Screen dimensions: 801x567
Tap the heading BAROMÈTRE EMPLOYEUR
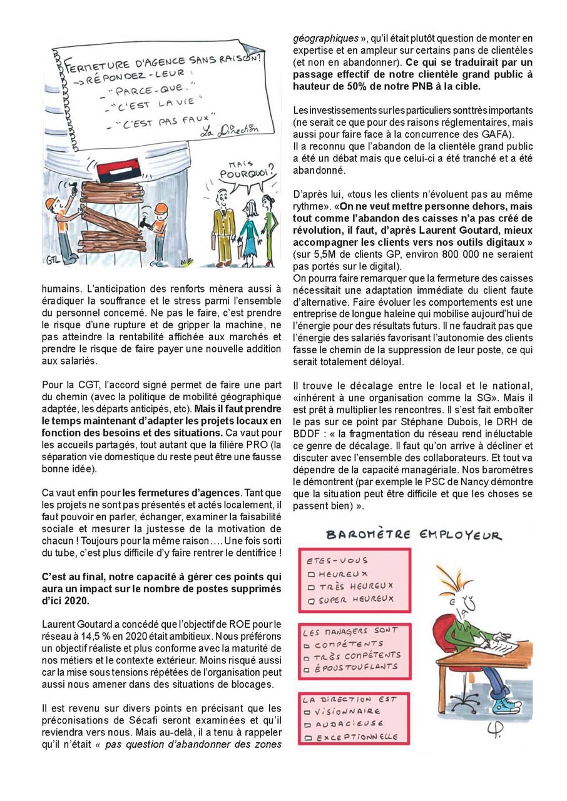tap(412, 535)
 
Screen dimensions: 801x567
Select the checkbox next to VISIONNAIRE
tap(307, 712)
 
